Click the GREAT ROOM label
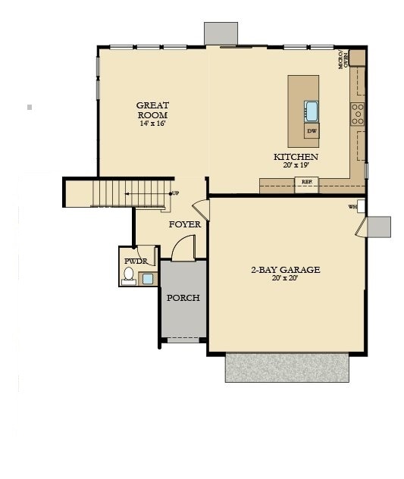tap(152, 110)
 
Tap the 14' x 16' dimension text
tap(152, 123)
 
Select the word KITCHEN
tap(296, 157)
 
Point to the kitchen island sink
tap(312, 111)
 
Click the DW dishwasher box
tap(312, 131)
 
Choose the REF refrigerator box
tap(306, 182)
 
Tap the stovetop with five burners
tap(357, 114)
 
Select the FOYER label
tap(184, 224)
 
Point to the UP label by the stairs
tap(175, 193)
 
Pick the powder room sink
tap(147, 278)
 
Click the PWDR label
tap(136, 261)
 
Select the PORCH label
tap(183, 298)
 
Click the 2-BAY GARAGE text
tap(285, 269)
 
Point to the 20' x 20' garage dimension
tap(285, 278)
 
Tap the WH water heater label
tap(352, 207)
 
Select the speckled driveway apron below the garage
tap(287, 368)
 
